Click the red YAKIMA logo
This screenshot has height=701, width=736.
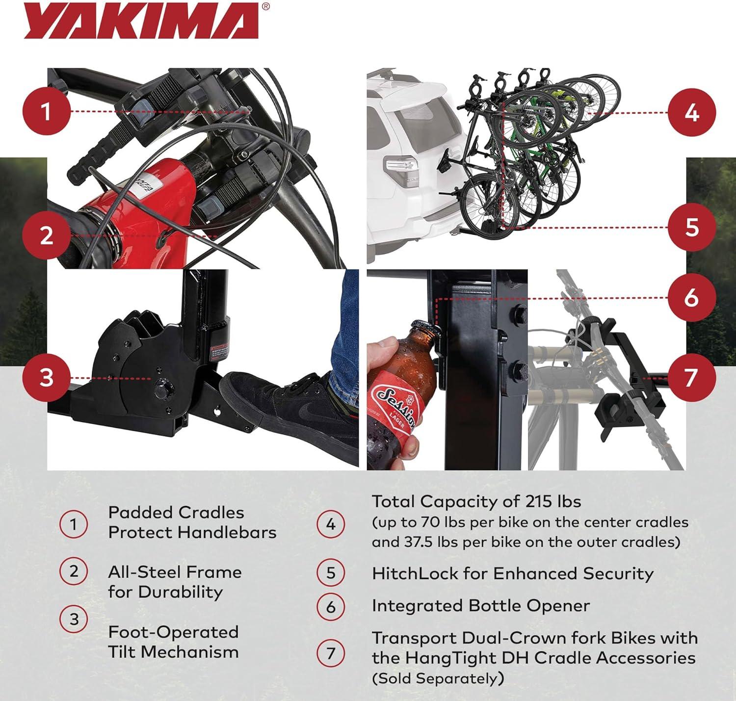pyautogui.click(x=141, y=21)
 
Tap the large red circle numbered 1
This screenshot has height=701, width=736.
pyautogui.click(x=47, y=111)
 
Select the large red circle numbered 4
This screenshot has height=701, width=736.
pyautogui.click(x=692, y=113)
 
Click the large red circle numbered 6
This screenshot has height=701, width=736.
pyautogui.click(x=692, y=298)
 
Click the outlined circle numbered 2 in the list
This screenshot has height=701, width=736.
pyautogui.click(x=74, y=571)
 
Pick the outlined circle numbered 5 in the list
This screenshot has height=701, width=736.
pyautogui.click(x=331, y=573)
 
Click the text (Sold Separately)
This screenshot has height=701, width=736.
pyautogui.click(x=438, y=678)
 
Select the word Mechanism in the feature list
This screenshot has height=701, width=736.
pyautogui.click(x=190, y=652)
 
